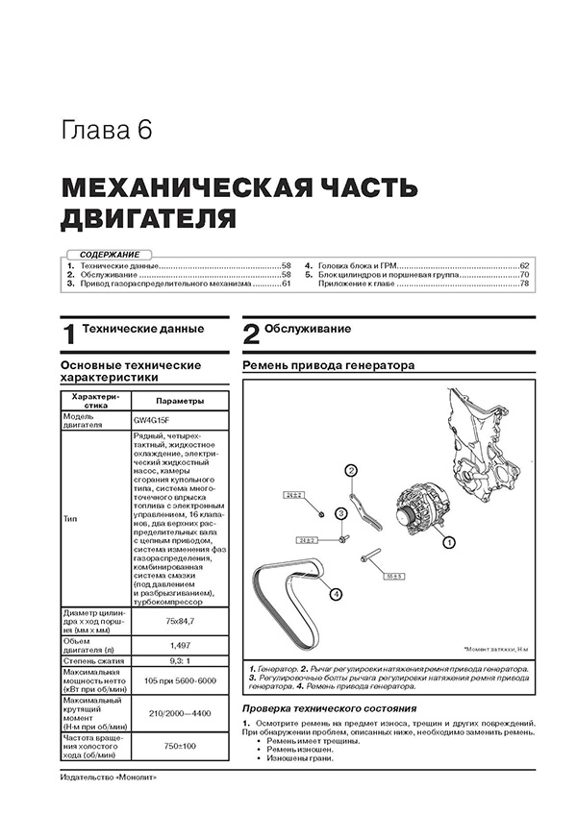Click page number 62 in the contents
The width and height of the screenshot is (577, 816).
pos(524,264)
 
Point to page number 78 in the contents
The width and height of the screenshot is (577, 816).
pos(524,284)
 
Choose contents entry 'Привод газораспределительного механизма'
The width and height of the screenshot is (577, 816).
pos(164,284)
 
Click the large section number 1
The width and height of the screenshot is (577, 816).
pos(67,335)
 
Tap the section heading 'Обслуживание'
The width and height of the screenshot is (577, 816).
pos(308,330)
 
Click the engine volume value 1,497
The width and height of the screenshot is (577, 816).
pos(180,644)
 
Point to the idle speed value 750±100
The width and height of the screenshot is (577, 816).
pos(180,746)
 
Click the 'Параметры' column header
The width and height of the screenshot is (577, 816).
pos(180,402)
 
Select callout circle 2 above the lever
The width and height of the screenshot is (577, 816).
pos(351,469)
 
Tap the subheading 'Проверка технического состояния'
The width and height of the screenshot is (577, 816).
pos(320,709)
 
